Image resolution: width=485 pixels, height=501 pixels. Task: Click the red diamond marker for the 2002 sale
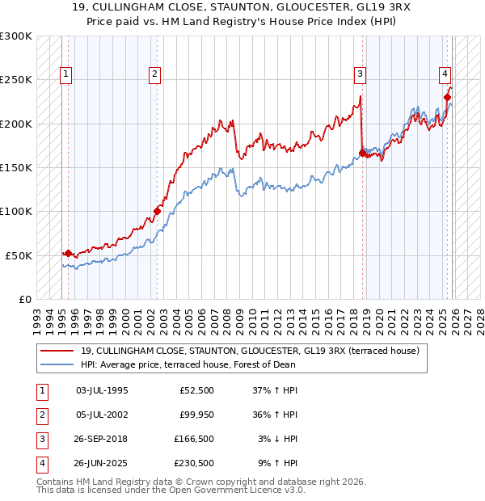point(157,212)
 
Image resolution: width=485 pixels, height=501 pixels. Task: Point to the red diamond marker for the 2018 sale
point(361,153)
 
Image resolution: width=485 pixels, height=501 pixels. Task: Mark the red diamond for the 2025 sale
point(447,97)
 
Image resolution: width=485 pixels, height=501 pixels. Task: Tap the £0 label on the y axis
point(24,299)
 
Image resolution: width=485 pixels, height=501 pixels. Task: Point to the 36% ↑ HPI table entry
point(277,415)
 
